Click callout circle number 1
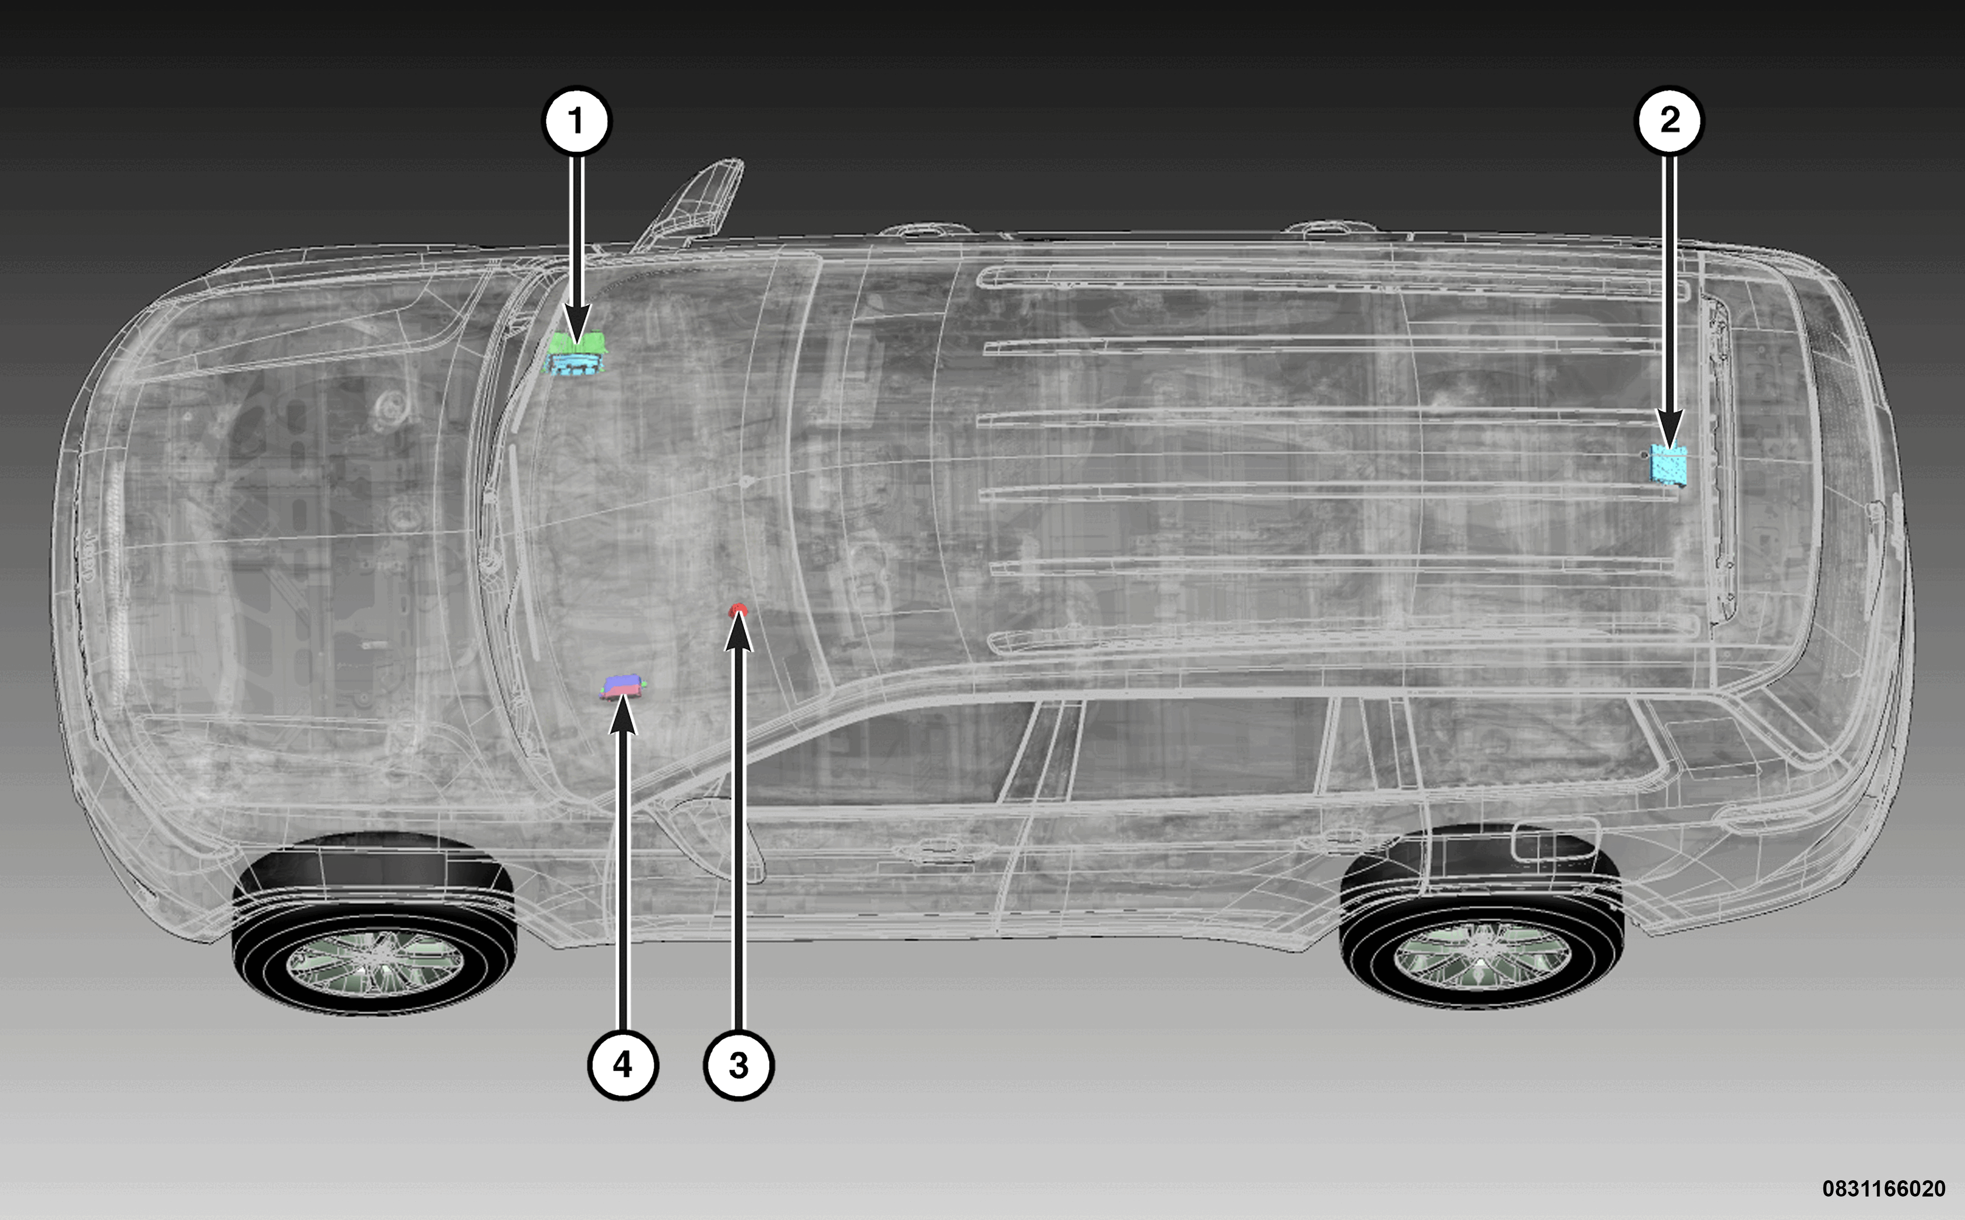point(576,121)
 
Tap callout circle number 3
point(739,1065)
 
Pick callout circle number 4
point(623,1065)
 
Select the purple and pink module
point(623,687)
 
